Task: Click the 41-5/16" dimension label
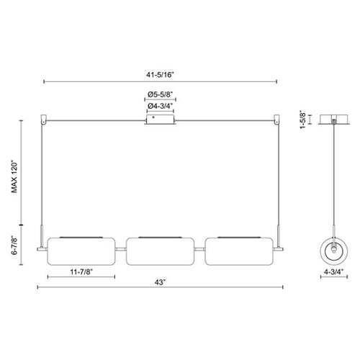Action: tap(160, 75)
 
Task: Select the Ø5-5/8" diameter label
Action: tap(160, 94)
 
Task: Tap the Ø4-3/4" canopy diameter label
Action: tap(160, 106)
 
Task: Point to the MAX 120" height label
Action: tap(14, 177)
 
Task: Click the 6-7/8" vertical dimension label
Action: tap(14, 246)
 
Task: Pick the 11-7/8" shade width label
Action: tap(81, 272)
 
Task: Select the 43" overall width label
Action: tap(160, 282)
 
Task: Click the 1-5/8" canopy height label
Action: tap(303, 120)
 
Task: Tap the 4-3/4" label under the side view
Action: tap(334, 271)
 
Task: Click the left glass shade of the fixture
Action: tap(81, 251)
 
